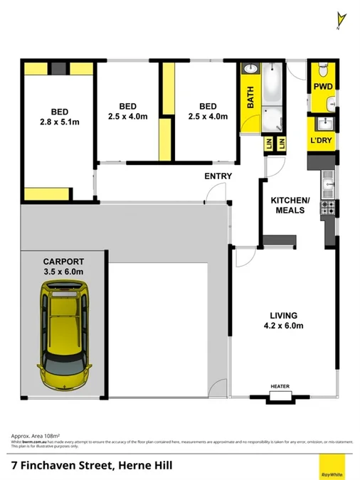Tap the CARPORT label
pos(63,260)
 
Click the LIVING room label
pos(282,315)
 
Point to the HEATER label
pos(280,387)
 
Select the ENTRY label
pos(217,176)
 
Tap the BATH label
pos(250,97)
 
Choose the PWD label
pos(323,87)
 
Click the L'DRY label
pos(322,141)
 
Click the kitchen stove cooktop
pos(329,208)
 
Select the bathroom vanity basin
pos(251,70)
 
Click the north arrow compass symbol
pos(340,19)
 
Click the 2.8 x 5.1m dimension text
pos(59,122)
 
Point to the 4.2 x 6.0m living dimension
pos(282,326)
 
